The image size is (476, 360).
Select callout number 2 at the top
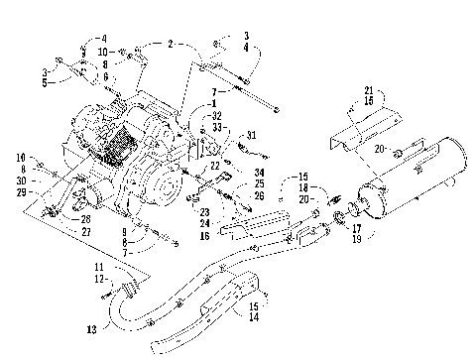click(171, 45)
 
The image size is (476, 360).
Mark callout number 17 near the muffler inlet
click(356, 228)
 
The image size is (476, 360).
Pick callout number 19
click(356, 238)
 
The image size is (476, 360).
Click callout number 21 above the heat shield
click(370, 88)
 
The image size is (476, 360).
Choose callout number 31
click(253, 135)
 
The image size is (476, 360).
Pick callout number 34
click(258, 174)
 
